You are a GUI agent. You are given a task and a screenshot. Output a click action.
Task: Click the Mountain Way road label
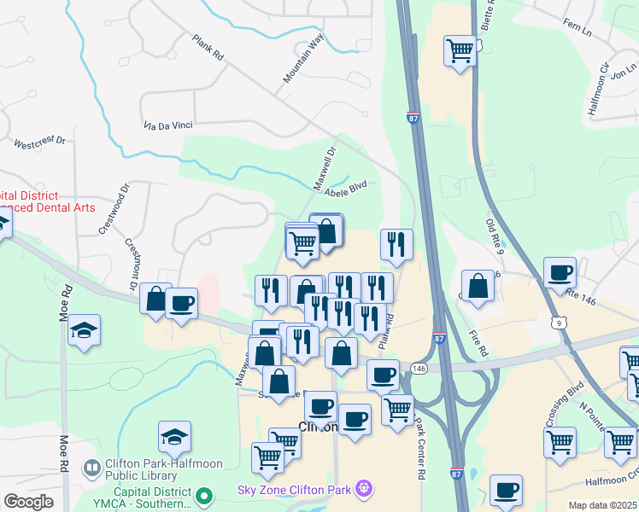[305, 58]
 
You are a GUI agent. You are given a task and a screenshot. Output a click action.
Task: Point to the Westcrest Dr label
[40, 143]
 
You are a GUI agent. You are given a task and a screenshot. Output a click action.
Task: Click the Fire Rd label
[480, 345]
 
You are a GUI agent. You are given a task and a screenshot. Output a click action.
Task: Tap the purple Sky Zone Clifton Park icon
[366, 490]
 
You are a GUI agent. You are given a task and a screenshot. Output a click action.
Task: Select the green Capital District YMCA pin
[203, 495]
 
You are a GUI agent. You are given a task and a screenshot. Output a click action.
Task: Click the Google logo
[28, 502]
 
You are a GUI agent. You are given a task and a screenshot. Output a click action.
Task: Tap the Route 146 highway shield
[418, 367]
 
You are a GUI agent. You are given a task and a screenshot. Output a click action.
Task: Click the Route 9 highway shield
[558, 323]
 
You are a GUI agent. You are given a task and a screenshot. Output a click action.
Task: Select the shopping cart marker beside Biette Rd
[460, 52]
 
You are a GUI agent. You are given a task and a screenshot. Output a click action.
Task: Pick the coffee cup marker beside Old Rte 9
[560, 274]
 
